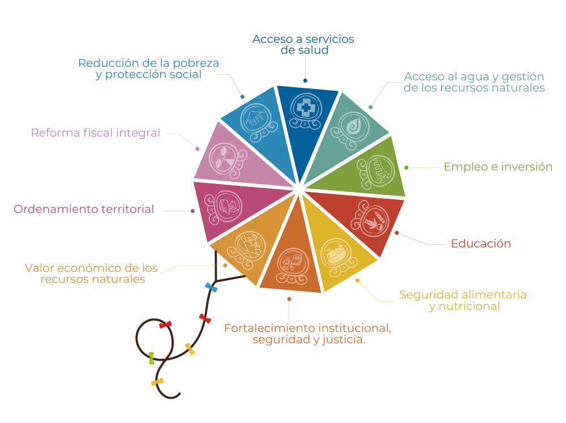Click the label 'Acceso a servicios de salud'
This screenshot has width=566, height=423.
point(303,44)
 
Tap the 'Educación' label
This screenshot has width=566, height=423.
point(481,244)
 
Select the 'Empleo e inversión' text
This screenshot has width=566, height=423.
point(498,167)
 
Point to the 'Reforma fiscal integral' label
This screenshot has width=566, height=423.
point(96,133)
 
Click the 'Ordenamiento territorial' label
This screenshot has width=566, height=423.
point(84,210)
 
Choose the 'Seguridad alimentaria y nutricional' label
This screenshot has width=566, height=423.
point(463,301)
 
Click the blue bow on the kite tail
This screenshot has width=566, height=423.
point(211,288)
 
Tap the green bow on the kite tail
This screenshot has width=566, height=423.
point(151,358)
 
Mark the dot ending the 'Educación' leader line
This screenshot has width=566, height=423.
point(396,232)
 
